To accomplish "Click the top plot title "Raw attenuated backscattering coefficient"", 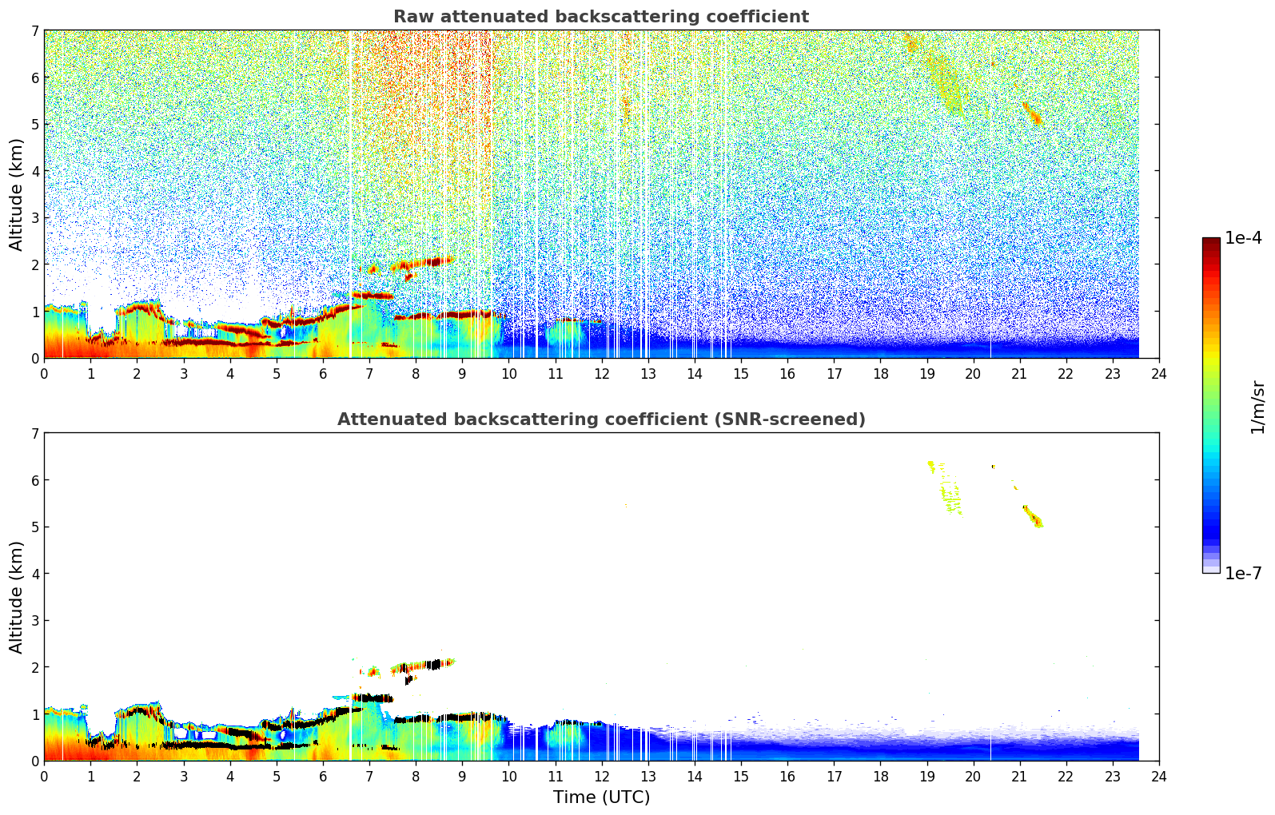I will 600,17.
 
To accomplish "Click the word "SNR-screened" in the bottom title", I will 803,419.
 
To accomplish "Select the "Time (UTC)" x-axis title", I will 601,797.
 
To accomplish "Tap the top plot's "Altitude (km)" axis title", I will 17,194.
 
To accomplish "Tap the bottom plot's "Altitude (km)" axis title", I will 17,597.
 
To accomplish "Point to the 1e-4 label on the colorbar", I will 1243,238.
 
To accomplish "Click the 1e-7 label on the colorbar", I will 1243,573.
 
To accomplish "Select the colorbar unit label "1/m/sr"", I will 1257,406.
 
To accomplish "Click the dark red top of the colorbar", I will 1211,242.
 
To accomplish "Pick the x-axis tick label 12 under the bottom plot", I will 601,777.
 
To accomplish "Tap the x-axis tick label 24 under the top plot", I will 1158,374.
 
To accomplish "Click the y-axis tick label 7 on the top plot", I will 34,31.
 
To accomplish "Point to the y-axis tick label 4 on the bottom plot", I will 34,574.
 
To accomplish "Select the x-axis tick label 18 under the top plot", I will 880,374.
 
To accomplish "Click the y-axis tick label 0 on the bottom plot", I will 34,761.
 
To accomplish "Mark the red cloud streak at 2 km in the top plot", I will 424,262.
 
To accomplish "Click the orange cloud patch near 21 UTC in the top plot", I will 1034,114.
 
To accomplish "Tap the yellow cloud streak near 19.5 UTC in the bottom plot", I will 951,496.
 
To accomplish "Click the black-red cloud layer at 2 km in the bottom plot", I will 424,665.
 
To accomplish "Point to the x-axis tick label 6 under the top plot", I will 323,374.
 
